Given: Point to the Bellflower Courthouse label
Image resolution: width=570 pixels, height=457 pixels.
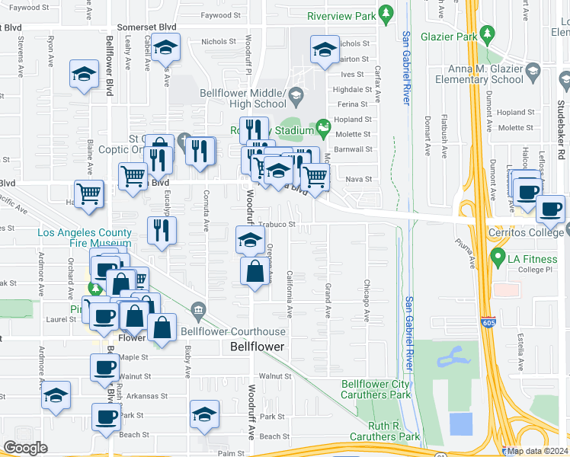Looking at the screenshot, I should click(x=232, y=331).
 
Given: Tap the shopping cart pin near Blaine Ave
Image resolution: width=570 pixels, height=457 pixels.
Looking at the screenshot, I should click(x=88, y=194).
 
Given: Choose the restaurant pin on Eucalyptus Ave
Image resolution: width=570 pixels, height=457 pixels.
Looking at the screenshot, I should click(x=162, y=230).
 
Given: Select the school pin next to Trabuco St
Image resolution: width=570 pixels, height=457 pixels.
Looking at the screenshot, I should click(x=250, y=240).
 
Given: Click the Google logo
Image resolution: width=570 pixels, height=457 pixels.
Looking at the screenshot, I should click(x=25, y=448).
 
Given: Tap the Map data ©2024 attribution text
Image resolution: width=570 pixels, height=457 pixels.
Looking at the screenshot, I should click(x=534, y=451).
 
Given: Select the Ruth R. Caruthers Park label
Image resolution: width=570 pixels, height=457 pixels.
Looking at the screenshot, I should click(x=384, y=431).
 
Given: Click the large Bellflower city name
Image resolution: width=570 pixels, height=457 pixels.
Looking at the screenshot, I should click(x=257, y=347).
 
